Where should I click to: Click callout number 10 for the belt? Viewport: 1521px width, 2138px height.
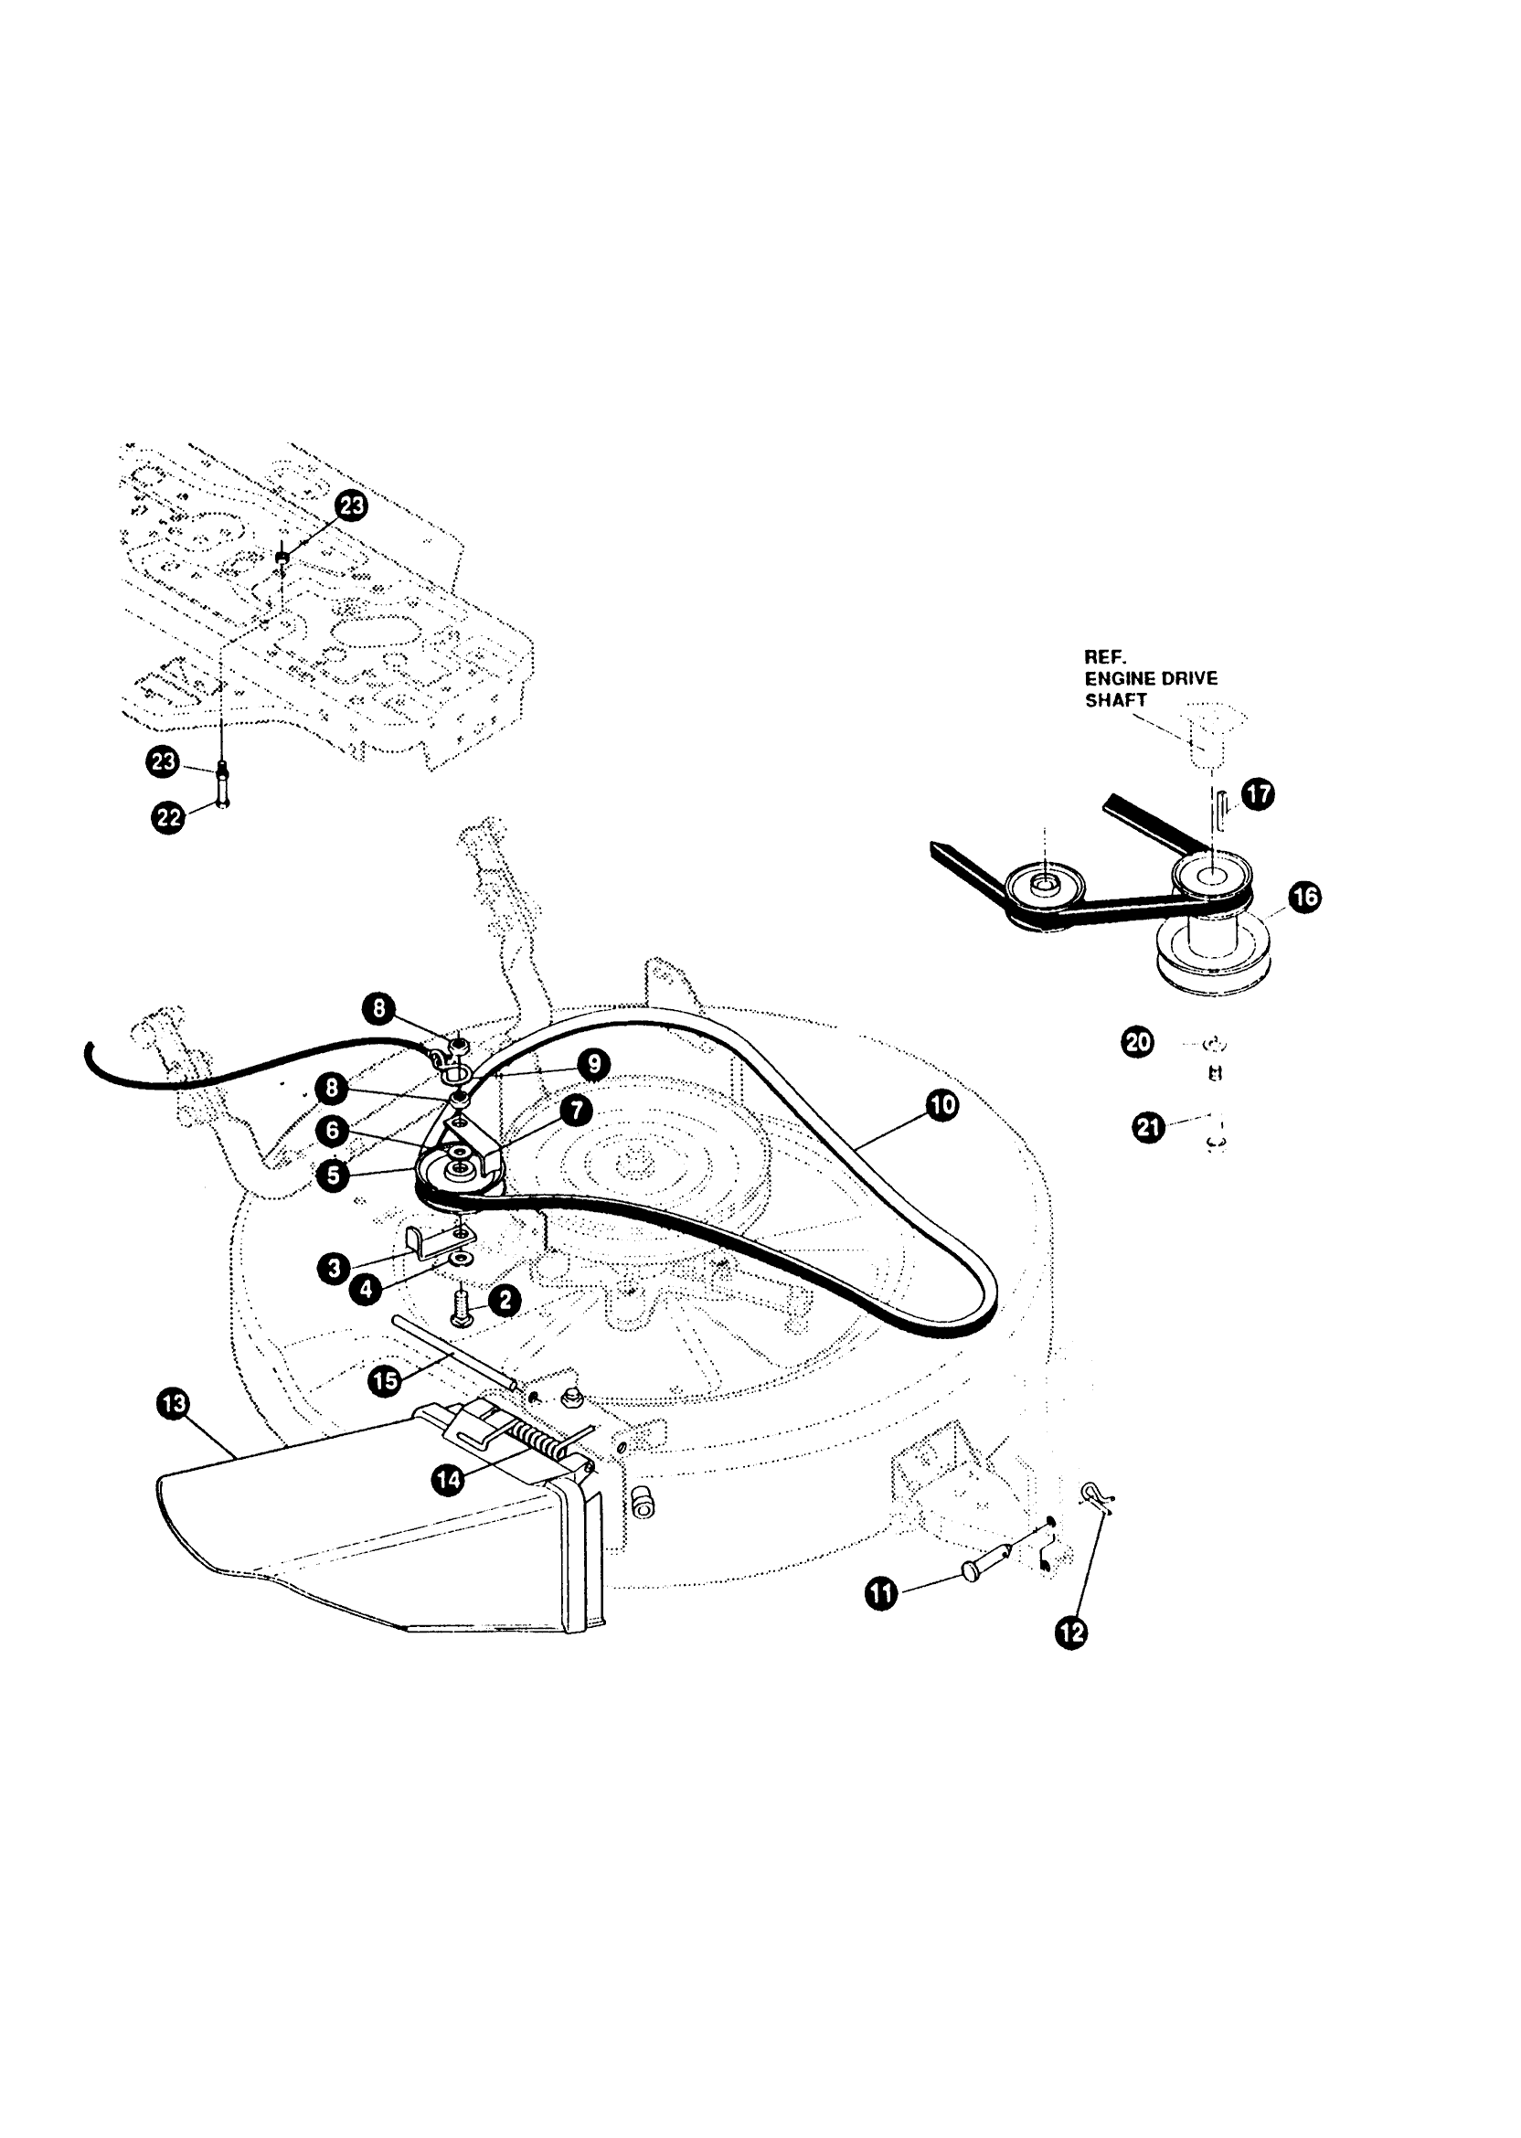click(941, 1105)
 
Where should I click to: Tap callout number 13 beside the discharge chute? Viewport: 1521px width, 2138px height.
click(174, 1405)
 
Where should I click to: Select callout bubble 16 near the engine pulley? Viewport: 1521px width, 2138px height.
click(1303, 896)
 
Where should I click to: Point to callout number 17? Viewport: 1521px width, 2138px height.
click(1258, 794)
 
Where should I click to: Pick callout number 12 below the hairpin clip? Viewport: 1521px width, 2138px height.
click(1071, 1633)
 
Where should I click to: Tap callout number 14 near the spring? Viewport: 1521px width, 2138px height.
click(449, 1480)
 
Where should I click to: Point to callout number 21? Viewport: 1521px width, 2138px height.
click(1149, 1127)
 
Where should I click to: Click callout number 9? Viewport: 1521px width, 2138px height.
click(594, 1064)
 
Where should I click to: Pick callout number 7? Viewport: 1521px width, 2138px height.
click(576, 1111)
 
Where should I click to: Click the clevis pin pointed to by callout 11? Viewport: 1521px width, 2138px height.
click(979, 1567)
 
